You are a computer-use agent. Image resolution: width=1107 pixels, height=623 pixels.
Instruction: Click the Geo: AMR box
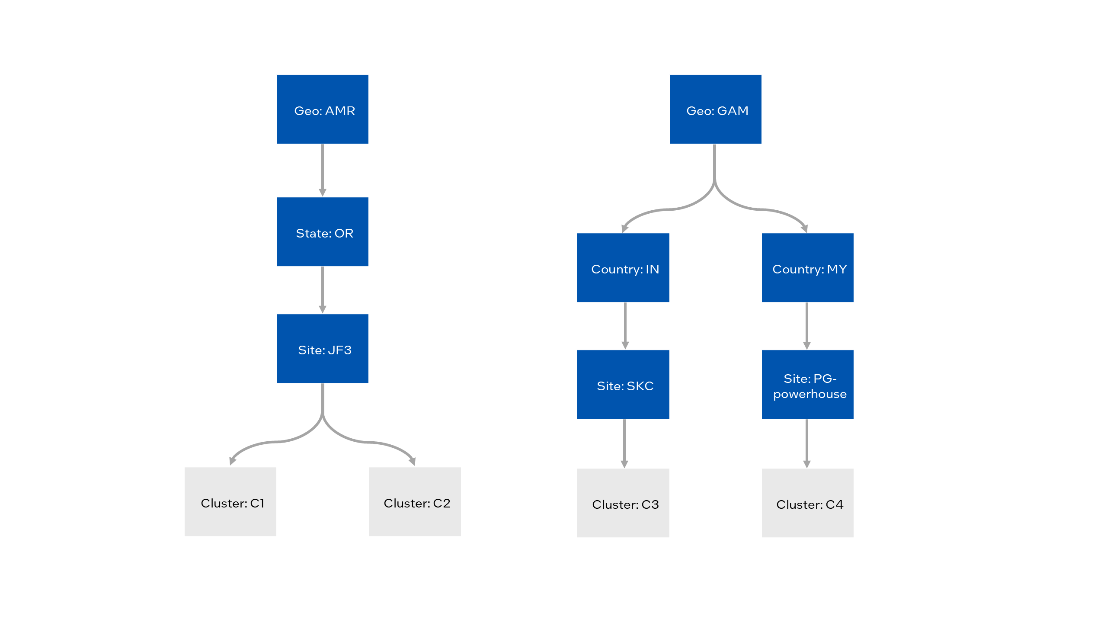click(x=323, y=109)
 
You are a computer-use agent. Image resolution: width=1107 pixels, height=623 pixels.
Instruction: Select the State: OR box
click(x=323, y=232)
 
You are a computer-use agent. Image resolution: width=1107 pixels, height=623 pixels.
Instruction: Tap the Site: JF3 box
click(x=323, y=349)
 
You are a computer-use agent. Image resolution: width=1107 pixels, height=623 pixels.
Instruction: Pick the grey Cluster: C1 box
click(x=230, y=502)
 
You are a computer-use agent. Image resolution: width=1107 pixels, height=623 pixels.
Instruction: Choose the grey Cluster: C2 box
click(x=415, y=502)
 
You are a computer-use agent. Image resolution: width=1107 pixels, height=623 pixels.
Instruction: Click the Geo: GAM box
click(x=716, y=109)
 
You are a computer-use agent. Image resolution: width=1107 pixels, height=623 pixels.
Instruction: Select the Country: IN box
click(x=623, y=268)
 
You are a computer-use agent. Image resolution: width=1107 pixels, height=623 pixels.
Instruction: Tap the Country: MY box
click(x=808, y=268)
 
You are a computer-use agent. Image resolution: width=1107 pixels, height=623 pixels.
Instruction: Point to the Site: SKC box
click(x=623, y=385)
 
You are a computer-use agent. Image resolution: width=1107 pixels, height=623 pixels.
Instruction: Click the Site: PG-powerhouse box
click(x=808, y=385)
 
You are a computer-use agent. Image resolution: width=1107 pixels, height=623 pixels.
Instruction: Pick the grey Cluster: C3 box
click(x=623, y=503)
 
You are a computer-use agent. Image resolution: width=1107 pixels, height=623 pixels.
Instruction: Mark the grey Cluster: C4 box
click(x=808, y=503)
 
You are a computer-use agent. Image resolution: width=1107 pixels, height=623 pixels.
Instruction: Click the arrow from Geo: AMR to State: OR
click(x=323, y=170)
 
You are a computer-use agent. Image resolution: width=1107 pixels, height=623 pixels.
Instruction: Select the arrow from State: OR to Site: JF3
click(x=323, y=289)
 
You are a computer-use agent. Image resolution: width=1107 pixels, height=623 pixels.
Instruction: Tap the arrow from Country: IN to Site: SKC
click(x=625, y=325)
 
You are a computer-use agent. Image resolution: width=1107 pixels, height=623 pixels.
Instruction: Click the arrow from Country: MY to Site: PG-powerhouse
click(x=807, y=325)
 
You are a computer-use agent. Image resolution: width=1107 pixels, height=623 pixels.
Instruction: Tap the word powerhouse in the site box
click(x=810, y=394)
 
